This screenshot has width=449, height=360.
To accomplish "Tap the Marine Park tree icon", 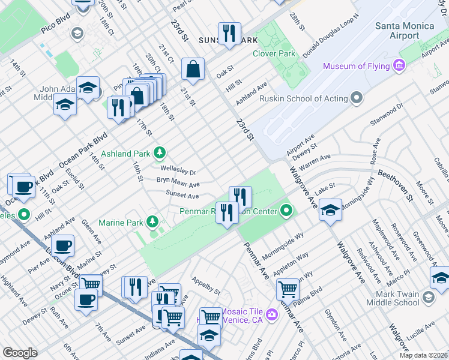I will (153, 223).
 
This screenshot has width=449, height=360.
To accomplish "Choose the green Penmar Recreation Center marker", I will (287, 211).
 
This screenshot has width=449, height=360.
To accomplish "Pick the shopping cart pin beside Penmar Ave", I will (288, 289).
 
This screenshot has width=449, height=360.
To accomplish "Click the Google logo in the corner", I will (19, 353).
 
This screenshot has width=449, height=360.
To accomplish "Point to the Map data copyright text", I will (422, 355).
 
